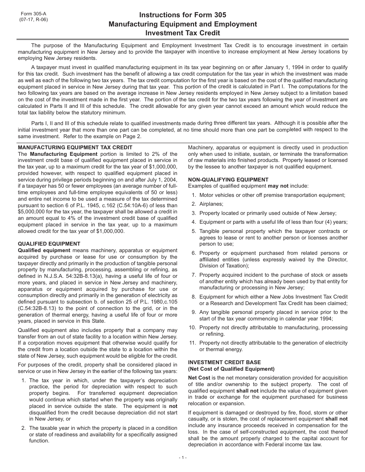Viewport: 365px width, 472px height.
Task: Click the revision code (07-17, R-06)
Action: (34, 20)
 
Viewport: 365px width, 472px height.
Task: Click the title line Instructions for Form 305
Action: (182, 15)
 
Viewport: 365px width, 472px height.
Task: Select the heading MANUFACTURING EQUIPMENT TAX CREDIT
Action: (75, 147)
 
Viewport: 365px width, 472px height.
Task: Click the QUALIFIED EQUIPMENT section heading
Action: (49, 244)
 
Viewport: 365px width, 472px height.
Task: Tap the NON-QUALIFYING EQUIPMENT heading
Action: (228, 180)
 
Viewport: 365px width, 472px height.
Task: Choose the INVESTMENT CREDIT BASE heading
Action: (224, 362)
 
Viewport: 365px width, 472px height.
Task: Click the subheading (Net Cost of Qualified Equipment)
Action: (231, 369)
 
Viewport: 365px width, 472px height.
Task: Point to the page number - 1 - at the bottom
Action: (182, 457)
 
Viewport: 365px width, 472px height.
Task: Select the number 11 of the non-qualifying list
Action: (193, 343)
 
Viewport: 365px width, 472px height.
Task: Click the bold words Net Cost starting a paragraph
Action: (199, 378)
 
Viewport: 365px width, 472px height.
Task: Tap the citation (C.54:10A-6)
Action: (110, 205)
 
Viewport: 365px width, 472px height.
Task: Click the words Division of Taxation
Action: (219, 266)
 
